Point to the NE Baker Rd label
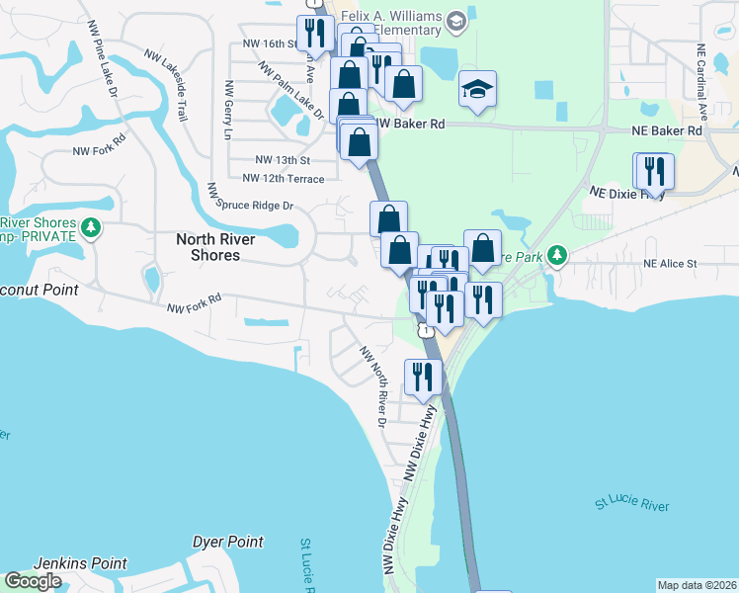click(x=667, y=129)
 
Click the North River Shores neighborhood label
click(x=215, y=247)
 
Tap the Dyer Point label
click(x=228, y=542)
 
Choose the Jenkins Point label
click(x=80, y=563)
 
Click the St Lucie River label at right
click(x=632, y=505)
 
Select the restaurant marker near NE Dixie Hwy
click(x=654, y=171)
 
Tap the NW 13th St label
click(x=283, y=159)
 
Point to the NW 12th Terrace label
click(x=284, y=178)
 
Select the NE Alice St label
click(x=670, y=264)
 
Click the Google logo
click(x=33, y=581)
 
